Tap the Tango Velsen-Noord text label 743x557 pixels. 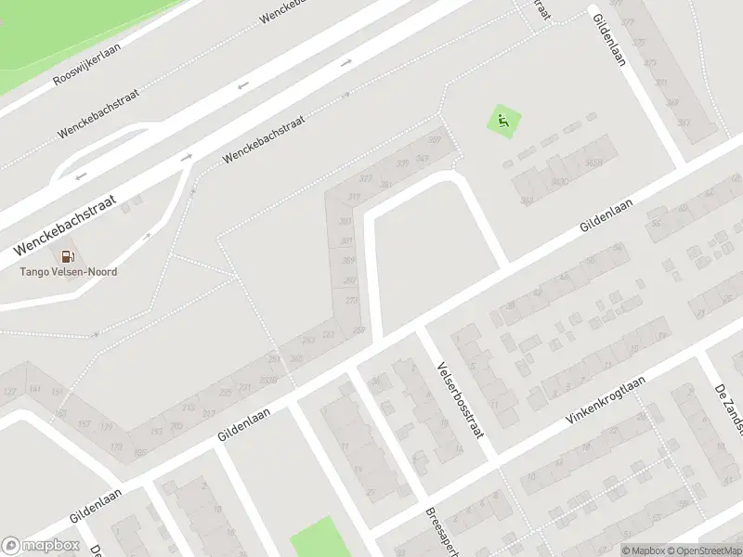pos(70,272)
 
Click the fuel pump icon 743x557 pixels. pos(68,256)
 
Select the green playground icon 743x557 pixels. pos(503,121)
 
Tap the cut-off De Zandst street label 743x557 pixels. pos(728,408)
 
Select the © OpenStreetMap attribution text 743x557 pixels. pos(701,551)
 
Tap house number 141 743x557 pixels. pos(34,390)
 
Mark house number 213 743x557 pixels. pos(188,407)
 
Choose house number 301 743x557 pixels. pos(346,241)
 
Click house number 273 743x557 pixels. pos(351,300)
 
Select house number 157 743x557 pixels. pos(84,423)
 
